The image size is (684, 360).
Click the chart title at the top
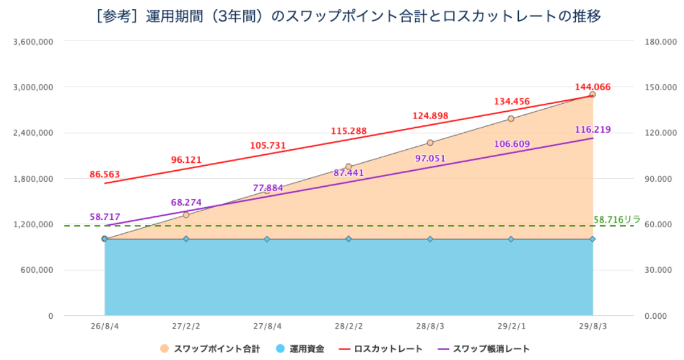(348, 16)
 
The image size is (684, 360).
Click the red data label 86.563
(105, 174)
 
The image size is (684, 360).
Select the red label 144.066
(593, 87)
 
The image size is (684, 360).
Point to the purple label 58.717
(105, 217)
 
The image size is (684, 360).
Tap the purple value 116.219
(593, 130)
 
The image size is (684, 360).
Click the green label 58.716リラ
(617, 219)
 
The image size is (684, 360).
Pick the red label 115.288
(349, 131)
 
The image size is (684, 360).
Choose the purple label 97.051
(430, 158)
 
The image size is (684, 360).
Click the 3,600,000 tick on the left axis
(34, 42)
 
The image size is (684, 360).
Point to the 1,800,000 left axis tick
(34, 179)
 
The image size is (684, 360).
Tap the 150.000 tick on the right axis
(661, 87)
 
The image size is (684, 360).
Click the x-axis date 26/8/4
(105, 327)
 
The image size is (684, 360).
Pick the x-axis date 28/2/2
(349, 327)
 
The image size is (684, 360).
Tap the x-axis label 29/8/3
(593, 327)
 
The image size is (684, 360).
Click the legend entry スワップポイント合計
(210, 349)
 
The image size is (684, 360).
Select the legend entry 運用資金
(300, 349)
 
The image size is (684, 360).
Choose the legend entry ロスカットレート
(381, 349)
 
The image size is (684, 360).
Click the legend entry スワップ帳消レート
(483, 349)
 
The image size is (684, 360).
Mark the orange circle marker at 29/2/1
(511, 119)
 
